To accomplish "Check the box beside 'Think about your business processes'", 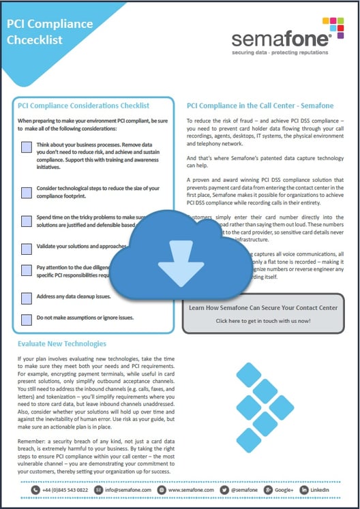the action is (26, 147).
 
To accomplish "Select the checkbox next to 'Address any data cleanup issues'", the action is (26, 298).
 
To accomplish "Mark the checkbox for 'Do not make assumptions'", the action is (26, 318).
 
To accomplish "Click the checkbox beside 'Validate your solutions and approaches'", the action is (26, 248).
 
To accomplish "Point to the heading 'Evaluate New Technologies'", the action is (62, 344).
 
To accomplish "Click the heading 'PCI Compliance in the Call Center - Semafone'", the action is (260, 106).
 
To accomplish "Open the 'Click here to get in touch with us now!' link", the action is (262, 320).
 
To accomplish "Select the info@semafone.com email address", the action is (127, 490).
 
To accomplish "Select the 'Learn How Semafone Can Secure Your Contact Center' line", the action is (262, 307).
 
